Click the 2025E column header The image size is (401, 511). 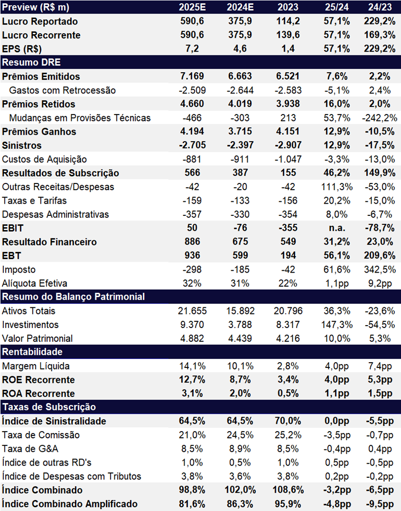192,7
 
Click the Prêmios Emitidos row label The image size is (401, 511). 41,77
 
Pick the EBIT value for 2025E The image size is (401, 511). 192,228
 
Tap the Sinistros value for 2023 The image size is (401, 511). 288,145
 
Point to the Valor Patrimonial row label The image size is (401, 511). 38,339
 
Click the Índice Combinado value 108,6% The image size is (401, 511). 288,490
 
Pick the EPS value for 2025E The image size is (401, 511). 192,49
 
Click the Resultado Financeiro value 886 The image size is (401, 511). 192,242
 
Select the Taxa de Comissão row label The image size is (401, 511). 41,435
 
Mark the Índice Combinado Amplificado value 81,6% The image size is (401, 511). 192,504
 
